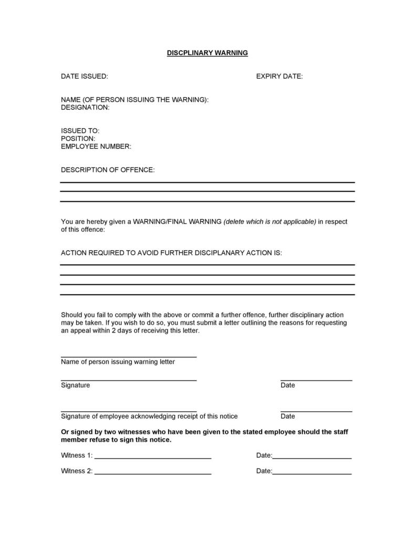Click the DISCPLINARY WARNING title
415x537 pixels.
tap(207, 53)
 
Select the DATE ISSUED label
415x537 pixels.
tap(85, 76)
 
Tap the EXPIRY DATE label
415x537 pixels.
tap(279, 76)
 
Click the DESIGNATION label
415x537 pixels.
tap(85, 107)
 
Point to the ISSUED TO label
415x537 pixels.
tap(80, 131)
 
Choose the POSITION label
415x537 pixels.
tap(78, 139)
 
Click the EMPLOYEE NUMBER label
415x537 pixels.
tap(96, 147)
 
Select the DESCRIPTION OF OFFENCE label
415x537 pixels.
tap(108, 170)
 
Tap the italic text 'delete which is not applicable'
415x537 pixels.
tap(270, 222)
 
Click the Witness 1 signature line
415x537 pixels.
tap(153, 458)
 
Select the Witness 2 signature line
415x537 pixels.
tap(153, 474)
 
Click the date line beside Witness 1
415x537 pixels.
tap(312, 458)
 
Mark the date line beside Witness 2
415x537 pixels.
tap(312, 474)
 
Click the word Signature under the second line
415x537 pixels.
tap(75, 385)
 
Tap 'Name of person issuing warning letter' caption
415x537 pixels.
tap(118, 362)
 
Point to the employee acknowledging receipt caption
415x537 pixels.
tap(149, 416)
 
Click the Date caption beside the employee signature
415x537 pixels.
tap(288, 416)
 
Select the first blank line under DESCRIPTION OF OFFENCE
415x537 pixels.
tap(207, 182)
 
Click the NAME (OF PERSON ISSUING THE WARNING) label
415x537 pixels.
tap(134, 100)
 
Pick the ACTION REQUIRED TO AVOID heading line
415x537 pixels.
tap(171, 253)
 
